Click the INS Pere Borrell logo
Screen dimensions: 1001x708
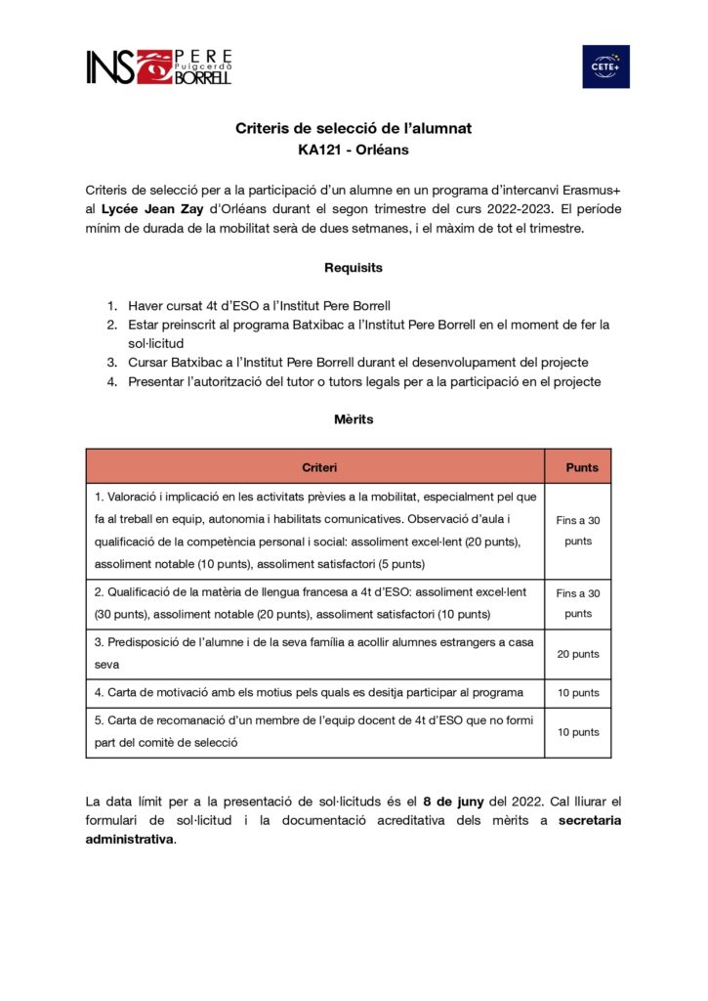[x=159, y=66]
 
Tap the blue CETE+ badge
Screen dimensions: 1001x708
[x=605, y=66]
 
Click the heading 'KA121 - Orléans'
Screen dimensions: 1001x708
[x=354, y=151]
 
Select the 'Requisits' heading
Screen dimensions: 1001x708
[x=354, y=267]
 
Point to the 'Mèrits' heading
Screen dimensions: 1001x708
[x=354, y=419]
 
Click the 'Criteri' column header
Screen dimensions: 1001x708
[x=314, y=467]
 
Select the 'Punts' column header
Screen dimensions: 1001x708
[x=582, y=467]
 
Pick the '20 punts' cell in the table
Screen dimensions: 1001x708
[x=578, y=654]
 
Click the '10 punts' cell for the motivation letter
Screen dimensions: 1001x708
[x=578, y=693]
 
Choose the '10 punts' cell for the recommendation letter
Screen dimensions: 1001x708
[x=578, y=732]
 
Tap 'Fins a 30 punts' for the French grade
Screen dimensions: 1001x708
[x=578, y=603]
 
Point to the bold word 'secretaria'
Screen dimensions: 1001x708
[x=590, y=820]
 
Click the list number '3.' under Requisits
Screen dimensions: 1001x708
[x=113, y=363]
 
